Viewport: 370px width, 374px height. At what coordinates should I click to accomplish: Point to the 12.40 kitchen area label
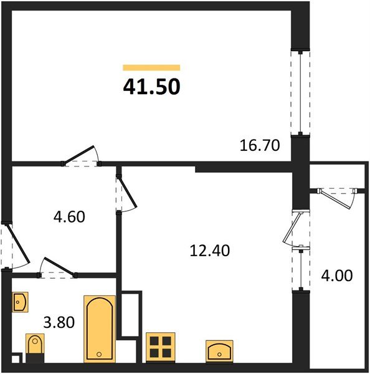pos(209,251)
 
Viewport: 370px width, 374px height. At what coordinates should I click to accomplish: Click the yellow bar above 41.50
pos(151,67)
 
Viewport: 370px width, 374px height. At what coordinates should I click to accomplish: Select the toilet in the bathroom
pos(35,345)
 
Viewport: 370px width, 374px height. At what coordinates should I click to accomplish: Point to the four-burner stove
pos(161,347)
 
